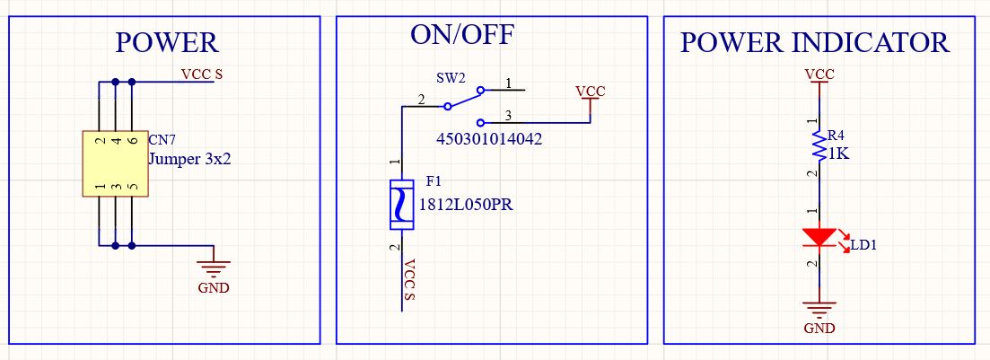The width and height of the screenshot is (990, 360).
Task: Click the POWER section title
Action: (167, 42)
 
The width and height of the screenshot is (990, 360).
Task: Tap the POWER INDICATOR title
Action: (814, 42)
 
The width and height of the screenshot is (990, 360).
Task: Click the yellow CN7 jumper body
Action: (115, 164)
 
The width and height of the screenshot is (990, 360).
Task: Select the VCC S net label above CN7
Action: (202, 75)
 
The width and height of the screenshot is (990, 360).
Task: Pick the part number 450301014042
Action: (489, 140)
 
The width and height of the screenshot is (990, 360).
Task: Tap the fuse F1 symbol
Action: (401, 205)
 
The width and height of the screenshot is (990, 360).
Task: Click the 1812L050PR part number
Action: (465, 204)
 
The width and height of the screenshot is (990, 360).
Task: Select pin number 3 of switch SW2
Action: (508, 115)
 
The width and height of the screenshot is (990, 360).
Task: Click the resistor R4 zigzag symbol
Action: (818, 144)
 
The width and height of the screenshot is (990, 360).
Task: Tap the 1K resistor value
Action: (838, 154)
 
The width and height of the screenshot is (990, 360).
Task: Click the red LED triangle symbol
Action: (818, 238)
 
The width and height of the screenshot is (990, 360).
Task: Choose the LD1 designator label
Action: (864, 245)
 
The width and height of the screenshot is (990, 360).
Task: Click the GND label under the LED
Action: (819, 329)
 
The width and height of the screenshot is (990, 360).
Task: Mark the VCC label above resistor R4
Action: (819, 74)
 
